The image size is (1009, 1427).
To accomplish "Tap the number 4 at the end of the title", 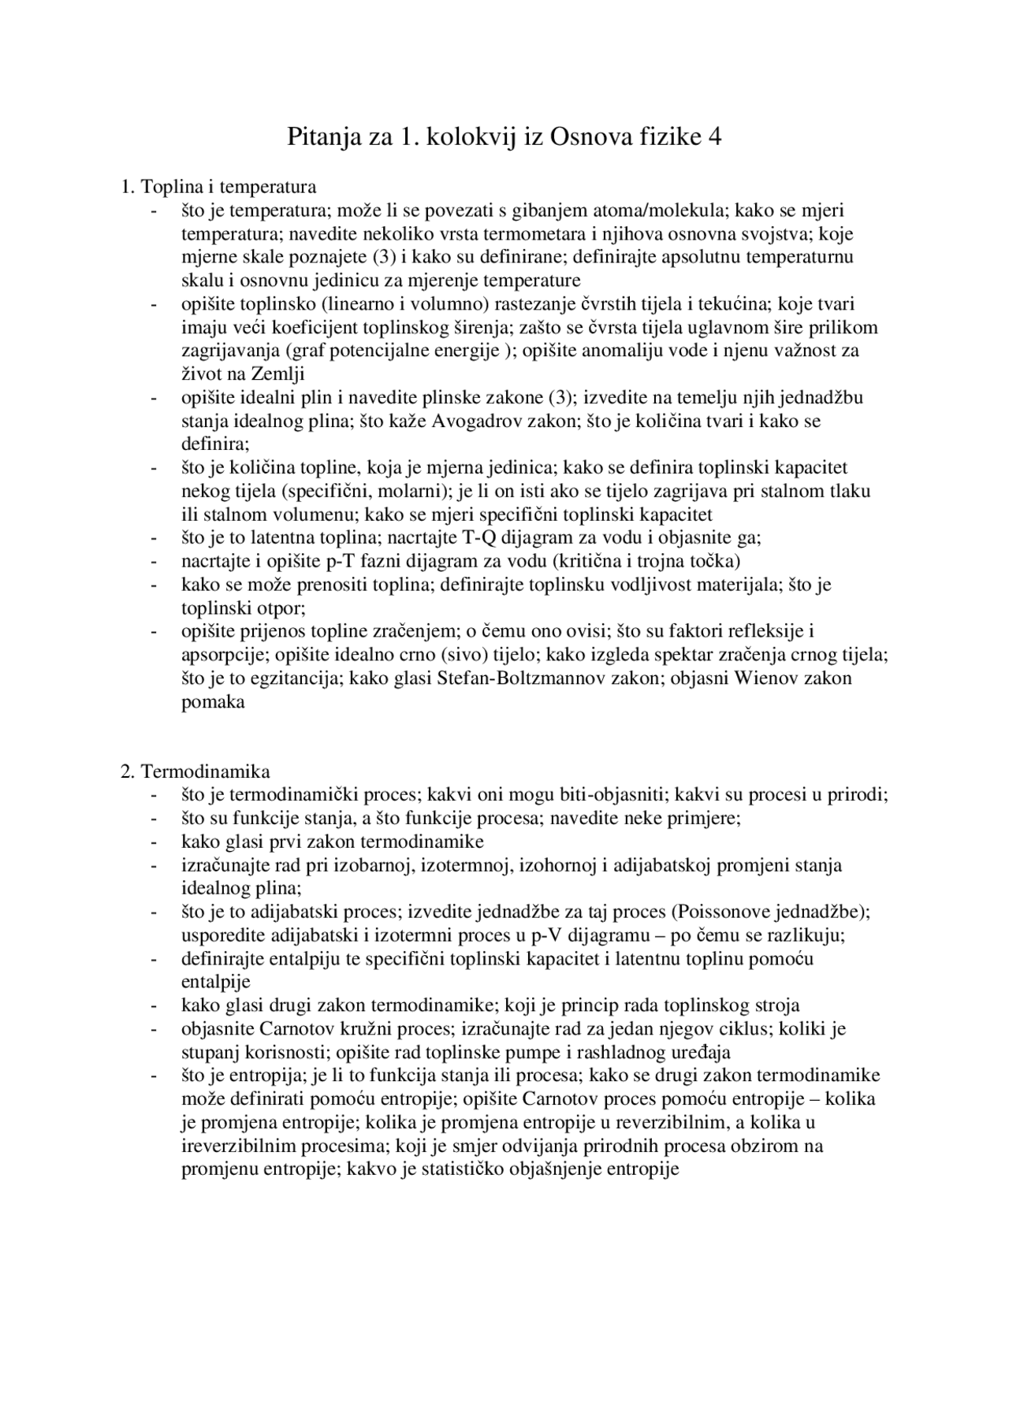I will (715, 138).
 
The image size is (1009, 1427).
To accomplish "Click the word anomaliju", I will (622, 351).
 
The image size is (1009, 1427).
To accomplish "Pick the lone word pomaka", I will (213, 702).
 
